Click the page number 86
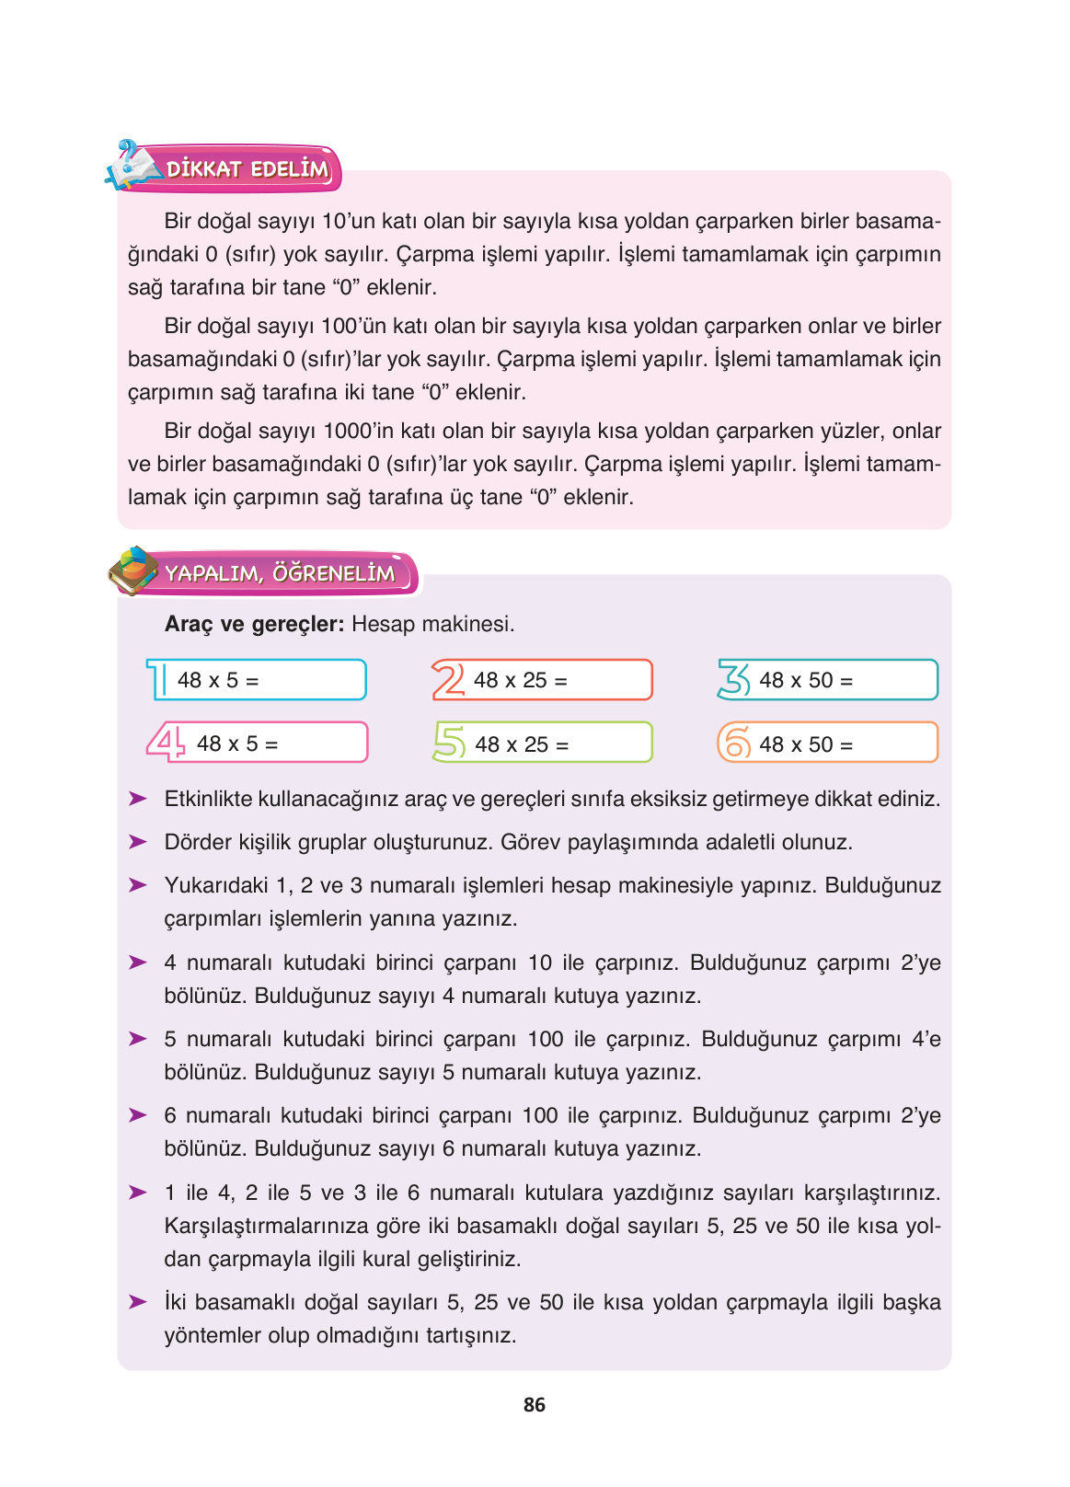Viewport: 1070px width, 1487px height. coord(534,1404)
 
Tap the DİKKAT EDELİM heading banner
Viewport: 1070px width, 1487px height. coord(247,169)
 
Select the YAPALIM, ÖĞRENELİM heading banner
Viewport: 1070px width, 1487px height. coord(280,573)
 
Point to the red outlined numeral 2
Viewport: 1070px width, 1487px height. coord(448,680)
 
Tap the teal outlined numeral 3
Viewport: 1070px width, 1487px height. coord(734,680)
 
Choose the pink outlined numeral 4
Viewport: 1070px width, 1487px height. coord(167,742)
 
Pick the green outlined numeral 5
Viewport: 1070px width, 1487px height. coord(450,743)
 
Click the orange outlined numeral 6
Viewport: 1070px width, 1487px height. coord(734,743)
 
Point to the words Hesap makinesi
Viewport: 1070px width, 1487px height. coord(432,624)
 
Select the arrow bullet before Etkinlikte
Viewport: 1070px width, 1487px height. coord(138,799)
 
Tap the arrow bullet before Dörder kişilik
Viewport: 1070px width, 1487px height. coord(138,842)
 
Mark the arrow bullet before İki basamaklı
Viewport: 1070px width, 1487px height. coord(138,1302)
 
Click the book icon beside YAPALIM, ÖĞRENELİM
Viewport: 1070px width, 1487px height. coord(132,571)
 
